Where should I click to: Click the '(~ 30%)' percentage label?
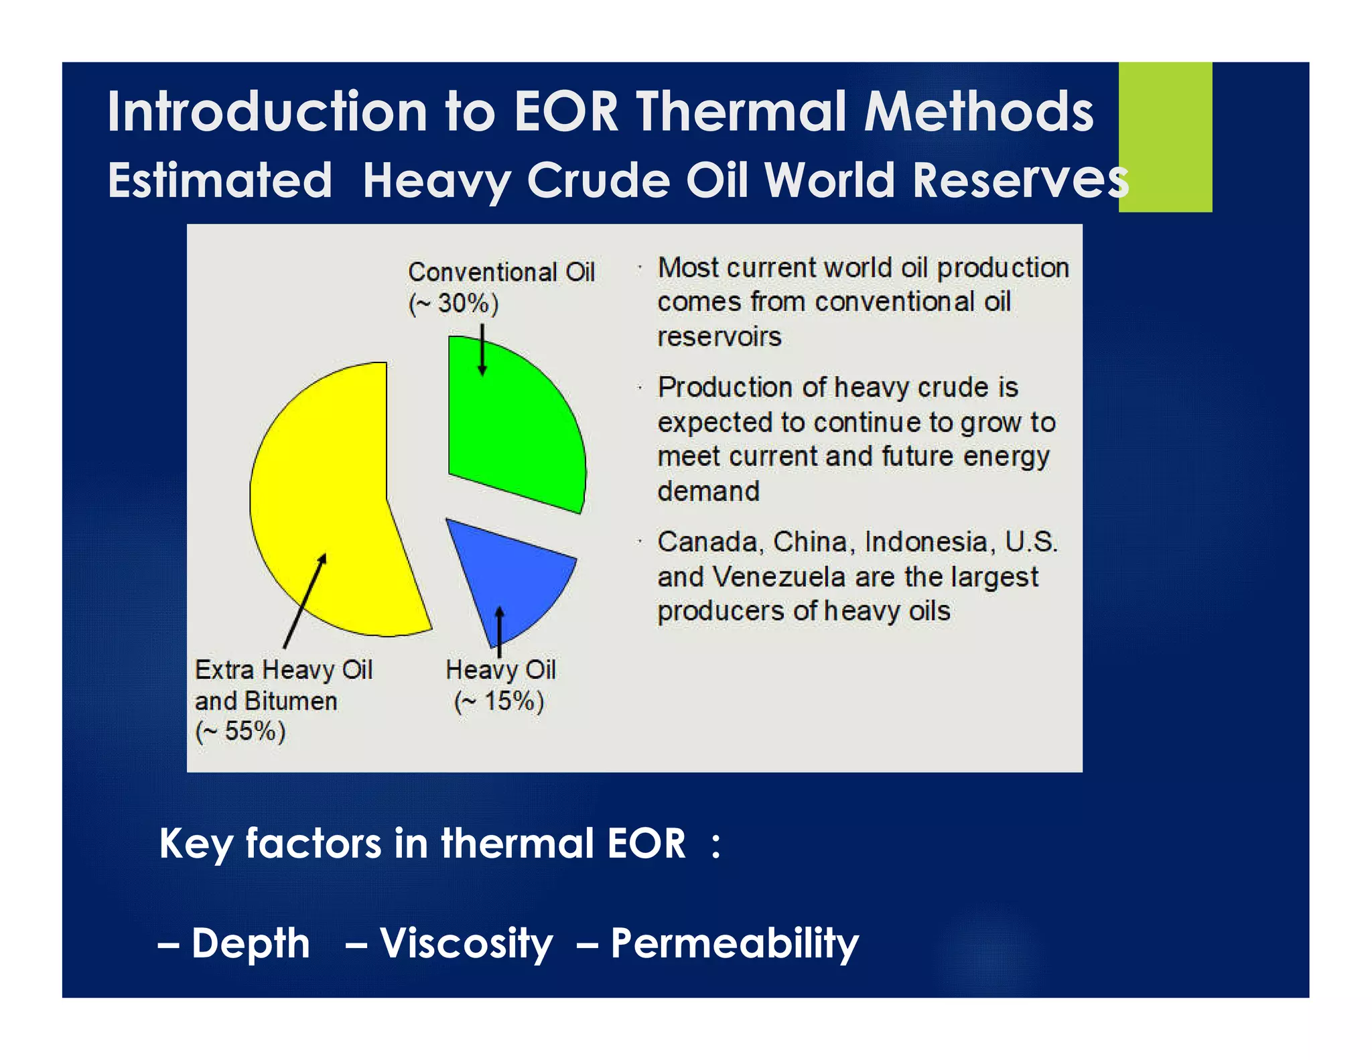pyautogui.click(x=454, y=304)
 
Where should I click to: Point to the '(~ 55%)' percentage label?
pyautogui.click(x=241, y=730)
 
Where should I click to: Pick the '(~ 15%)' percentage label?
pyautogui.click(x=499, y=701)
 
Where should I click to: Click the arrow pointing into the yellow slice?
pyautogui.click(x=305, y=600)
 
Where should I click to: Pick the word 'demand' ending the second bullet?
pyautogui.click(x=708, y=491)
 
